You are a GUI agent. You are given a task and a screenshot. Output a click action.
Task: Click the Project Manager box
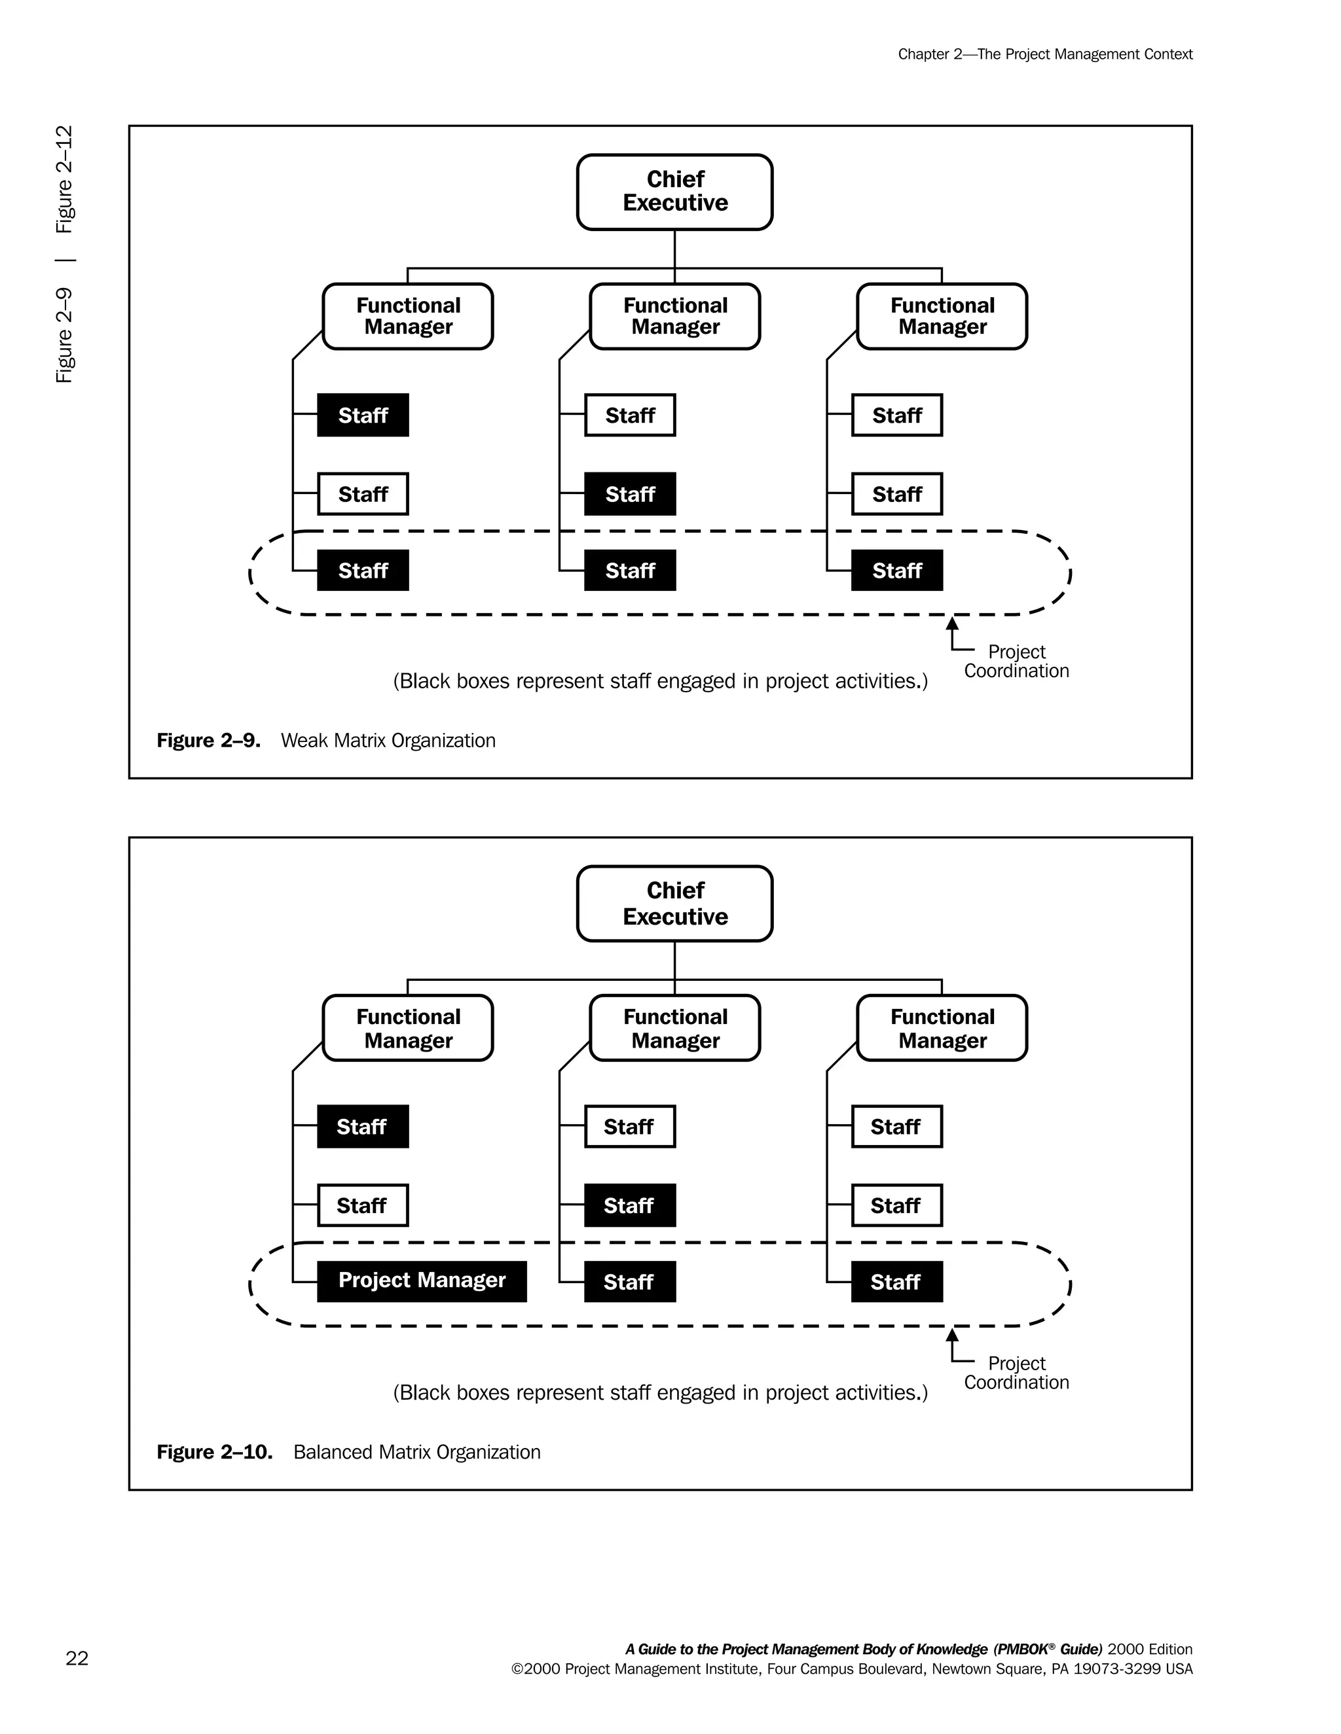[422, 1281]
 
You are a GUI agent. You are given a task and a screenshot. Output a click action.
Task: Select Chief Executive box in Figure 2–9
[674, 192]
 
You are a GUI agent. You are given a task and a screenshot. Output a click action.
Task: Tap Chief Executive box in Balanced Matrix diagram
[674, 904]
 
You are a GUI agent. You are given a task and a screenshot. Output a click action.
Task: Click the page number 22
[77, 1658]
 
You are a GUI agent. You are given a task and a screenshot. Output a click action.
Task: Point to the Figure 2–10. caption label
[215, 1452]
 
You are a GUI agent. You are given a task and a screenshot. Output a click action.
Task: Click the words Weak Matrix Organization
[388, 741]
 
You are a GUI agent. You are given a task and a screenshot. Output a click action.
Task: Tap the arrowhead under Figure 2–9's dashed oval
[951, 624]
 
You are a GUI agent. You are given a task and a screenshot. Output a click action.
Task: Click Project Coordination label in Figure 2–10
[1016, 1373]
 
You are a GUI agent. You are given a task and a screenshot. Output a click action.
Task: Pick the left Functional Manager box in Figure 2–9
[407, 316]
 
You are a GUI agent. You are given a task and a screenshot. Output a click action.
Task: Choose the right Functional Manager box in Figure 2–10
[942, 1028]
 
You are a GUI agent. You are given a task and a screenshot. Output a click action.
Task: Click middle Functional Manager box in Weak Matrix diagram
[674, 316]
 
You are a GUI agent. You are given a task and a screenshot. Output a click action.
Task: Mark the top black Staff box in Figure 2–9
[363, 416]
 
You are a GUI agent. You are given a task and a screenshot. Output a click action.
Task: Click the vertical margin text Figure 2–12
[64, 179]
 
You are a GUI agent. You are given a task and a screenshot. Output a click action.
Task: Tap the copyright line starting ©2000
[852, 1669]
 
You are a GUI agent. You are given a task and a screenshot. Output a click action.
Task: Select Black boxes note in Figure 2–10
[660, 1392]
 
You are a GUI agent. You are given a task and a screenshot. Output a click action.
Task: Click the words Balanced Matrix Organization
[416, 1452]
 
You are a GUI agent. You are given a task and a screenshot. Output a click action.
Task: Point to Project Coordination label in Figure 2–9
[1016, 662]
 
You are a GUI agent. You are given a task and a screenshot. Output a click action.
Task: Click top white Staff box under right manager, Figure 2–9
[897, 416]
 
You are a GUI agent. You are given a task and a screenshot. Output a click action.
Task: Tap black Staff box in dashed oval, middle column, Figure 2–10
[630, 1281]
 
